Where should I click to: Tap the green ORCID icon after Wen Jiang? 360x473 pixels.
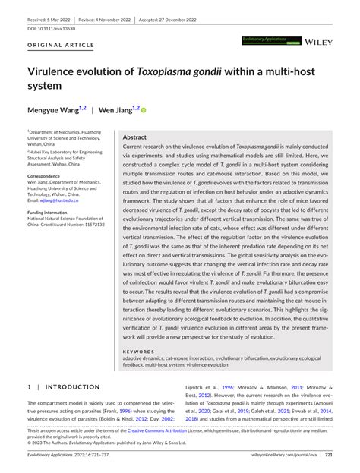tap(143, 110)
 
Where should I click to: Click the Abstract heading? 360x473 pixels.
tap(134, 137)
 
